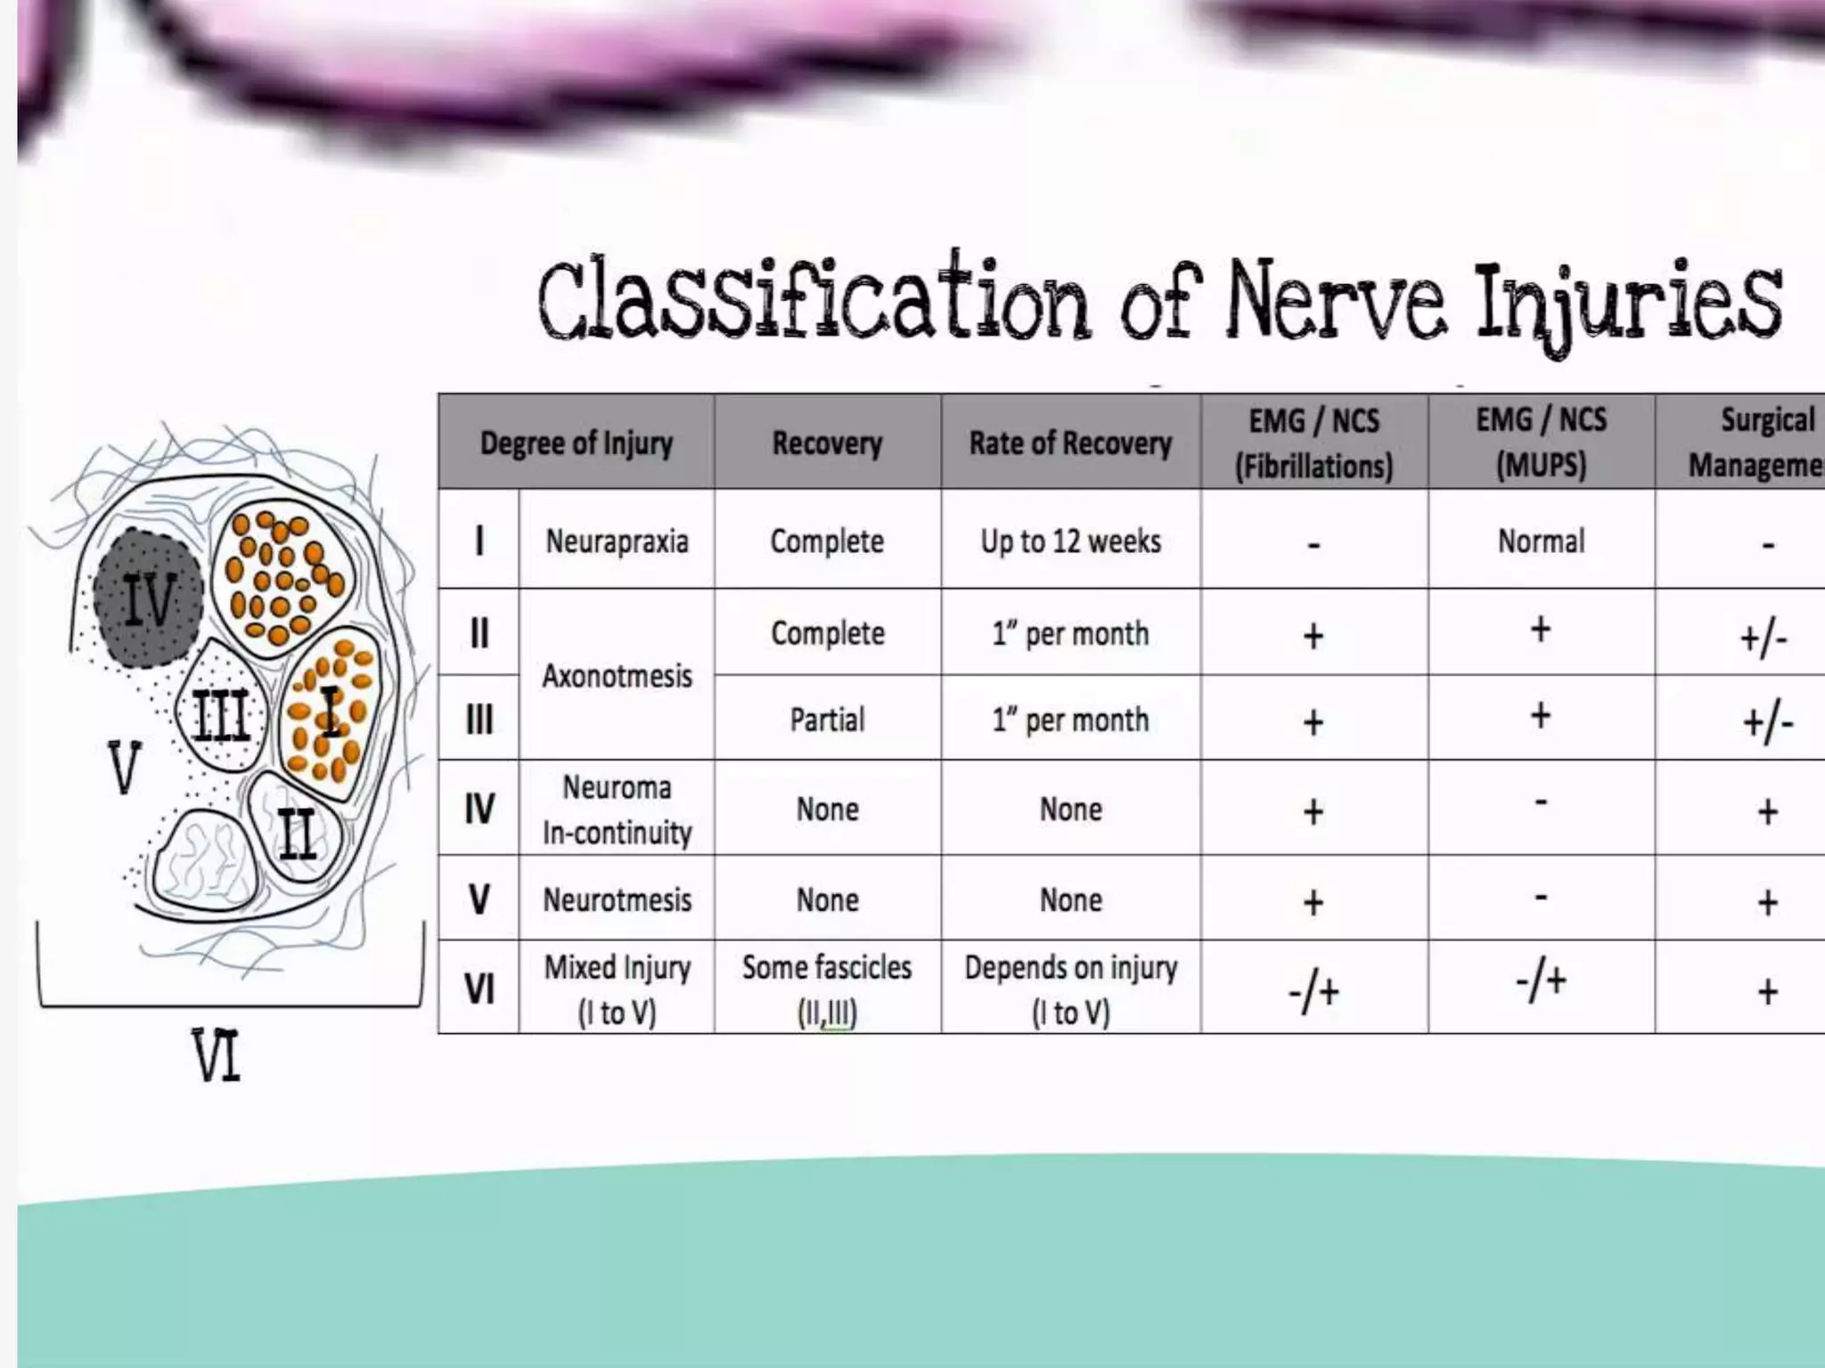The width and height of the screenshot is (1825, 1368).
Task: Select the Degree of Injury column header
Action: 576,443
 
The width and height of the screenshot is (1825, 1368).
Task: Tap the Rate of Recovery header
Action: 1070,443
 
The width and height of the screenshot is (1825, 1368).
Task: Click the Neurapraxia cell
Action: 617,541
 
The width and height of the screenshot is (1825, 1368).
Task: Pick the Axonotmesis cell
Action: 617,676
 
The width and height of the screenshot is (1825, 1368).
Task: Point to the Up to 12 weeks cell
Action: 1070,541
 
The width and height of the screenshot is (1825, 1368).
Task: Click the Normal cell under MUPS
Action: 1541,541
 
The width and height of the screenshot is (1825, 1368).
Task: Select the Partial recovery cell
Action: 827,719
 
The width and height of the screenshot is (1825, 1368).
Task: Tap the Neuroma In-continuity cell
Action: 617,810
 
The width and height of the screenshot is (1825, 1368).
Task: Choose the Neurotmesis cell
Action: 617,900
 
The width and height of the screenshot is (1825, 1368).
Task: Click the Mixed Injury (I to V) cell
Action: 617,989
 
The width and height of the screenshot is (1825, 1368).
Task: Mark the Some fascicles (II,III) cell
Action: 827,989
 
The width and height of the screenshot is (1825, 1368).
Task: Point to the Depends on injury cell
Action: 1070,989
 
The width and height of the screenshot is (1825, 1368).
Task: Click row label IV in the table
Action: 479,810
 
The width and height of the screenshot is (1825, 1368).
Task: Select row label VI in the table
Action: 479,989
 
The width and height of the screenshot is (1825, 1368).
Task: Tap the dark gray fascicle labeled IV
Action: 148,598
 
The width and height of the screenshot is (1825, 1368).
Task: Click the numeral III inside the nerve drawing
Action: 220,714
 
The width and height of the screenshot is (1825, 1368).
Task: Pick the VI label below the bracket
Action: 217,1056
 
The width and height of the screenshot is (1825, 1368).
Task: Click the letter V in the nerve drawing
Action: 124,768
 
